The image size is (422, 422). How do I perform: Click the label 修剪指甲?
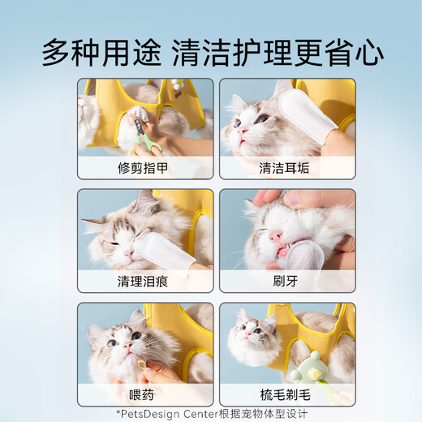(x=145, y=169)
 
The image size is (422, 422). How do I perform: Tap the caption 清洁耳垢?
(x=286, y=169)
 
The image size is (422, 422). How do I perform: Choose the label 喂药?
(x=145, y=394)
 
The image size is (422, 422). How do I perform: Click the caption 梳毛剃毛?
(x=286, y=394)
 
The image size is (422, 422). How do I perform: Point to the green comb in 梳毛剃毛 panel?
(x=301, y=368)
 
